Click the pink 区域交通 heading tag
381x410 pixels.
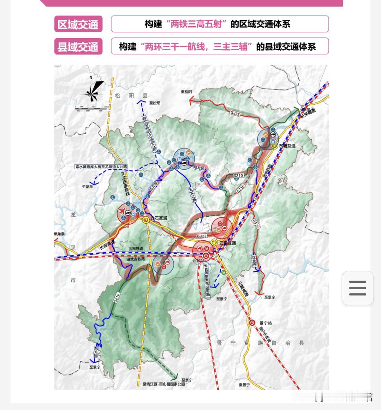[78, 24]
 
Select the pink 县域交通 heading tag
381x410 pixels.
[78, 46]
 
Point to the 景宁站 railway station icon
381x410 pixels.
[252, 322]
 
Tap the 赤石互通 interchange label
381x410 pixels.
[159, 218]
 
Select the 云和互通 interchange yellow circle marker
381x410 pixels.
[214, 242]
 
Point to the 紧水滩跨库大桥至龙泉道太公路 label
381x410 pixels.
[101, 167]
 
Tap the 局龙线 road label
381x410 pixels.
[199, 168]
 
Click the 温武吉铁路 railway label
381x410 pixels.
[136, 259]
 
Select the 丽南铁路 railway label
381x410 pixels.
[136, 249]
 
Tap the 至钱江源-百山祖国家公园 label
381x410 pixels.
[164, 383]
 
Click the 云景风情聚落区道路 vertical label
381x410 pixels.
[207, 281]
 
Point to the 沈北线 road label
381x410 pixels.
[254, 260]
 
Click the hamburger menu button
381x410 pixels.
[357, 288]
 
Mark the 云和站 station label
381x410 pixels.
[199, 261]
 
